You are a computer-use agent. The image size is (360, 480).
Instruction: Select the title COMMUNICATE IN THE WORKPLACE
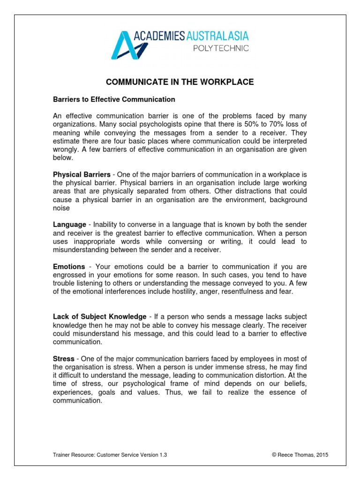tap(180, 82)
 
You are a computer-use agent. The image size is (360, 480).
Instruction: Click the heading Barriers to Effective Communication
tap(114, 99)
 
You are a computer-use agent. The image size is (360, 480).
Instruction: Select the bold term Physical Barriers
tap(82, 174)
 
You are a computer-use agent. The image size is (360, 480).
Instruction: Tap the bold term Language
tap(69, 225)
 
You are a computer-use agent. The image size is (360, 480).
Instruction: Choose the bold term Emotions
tap(69, 267)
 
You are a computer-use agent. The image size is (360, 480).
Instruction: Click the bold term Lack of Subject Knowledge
tap(99, 317)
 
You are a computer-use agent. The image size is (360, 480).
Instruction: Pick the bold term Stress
tap(63, 359)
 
